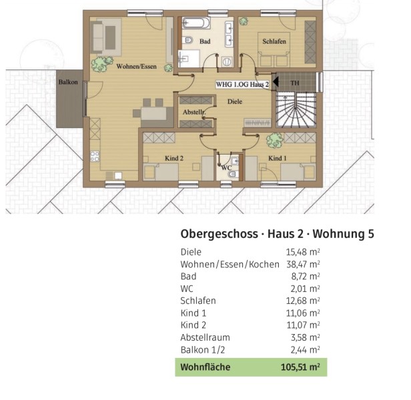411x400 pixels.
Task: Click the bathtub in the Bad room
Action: pos(195,23)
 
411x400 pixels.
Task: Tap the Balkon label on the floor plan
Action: pos(68,82)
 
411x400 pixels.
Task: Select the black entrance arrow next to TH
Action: pos(276,82)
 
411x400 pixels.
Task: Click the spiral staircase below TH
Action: pos(296,109)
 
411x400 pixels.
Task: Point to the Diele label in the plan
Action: pos(235,101)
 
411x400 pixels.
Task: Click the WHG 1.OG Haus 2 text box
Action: pos(242,85)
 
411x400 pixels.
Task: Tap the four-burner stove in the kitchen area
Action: pos(95,156)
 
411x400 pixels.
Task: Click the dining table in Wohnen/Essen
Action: pos(153,114)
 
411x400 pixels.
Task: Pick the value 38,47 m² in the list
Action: pos(303,264)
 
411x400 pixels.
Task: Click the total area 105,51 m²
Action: pos(300,367)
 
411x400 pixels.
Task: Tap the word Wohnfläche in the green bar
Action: pos(205,367)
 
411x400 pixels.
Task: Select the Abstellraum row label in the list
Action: pos(205,337)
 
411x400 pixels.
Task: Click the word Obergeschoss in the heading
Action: pos(219,234)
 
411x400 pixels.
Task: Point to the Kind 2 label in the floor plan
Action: pos(174,158)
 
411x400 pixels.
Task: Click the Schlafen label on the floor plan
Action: pos(274,41)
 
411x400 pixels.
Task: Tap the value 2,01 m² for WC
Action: pos(305,289)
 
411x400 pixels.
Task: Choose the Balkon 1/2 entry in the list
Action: pos(203,350)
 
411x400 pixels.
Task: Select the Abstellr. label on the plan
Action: pos(194,112)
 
